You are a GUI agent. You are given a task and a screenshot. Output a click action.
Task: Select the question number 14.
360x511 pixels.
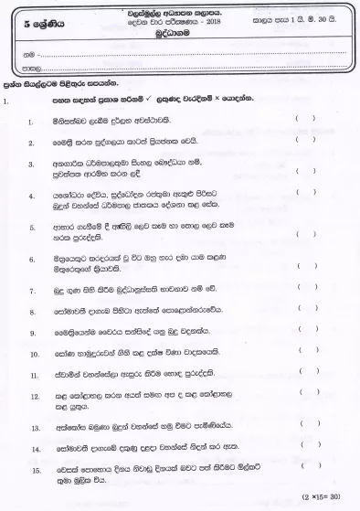(35, 449)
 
